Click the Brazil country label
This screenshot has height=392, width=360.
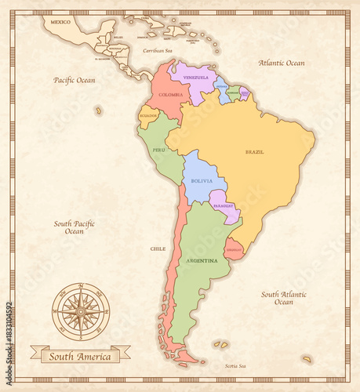click(254, 151)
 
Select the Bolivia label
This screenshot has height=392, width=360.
click(198, 180)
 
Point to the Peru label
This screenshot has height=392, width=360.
click(159, 149)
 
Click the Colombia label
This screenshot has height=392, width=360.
click(170, 94)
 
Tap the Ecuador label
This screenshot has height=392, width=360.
click(148, 116)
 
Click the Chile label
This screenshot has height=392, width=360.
click(158, 249)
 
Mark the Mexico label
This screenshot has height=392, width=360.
click(60, 22)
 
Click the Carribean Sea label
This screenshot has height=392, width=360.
click(157, 50)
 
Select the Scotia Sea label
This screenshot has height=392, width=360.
click(235, 366)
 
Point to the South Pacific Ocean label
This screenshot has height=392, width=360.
click(74, 227)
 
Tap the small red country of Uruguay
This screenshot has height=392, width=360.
click(234, 249)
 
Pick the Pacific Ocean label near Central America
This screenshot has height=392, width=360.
click(74, 80)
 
